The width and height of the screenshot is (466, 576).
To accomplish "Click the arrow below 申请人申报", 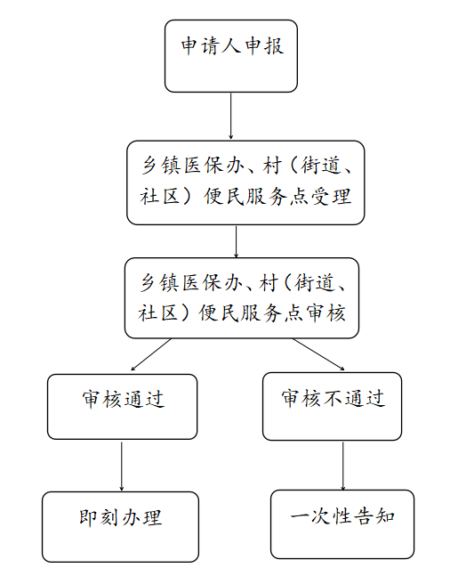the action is (231, 116).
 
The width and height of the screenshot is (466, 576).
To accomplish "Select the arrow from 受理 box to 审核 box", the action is (236, 241).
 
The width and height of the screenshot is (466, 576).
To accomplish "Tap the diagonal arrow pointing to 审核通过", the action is (151, 354).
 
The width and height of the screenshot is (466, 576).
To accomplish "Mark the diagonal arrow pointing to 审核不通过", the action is (318, 354).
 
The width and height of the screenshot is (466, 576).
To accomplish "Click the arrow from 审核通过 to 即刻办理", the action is (122, 466).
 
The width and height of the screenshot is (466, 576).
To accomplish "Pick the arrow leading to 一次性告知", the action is (343, 466).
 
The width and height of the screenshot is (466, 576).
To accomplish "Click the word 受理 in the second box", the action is (332, 197).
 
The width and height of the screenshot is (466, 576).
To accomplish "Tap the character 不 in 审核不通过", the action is (333, 398).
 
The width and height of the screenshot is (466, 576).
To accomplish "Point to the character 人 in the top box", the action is (231, 46).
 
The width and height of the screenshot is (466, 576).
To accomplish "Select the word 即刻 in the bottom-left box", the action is (100, 517).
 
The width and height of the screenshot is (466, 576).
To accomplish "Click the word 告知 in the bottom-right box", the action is (374, 516).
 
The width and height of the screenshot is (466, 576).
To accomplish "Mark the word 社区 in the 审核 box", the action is (158, 313).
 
